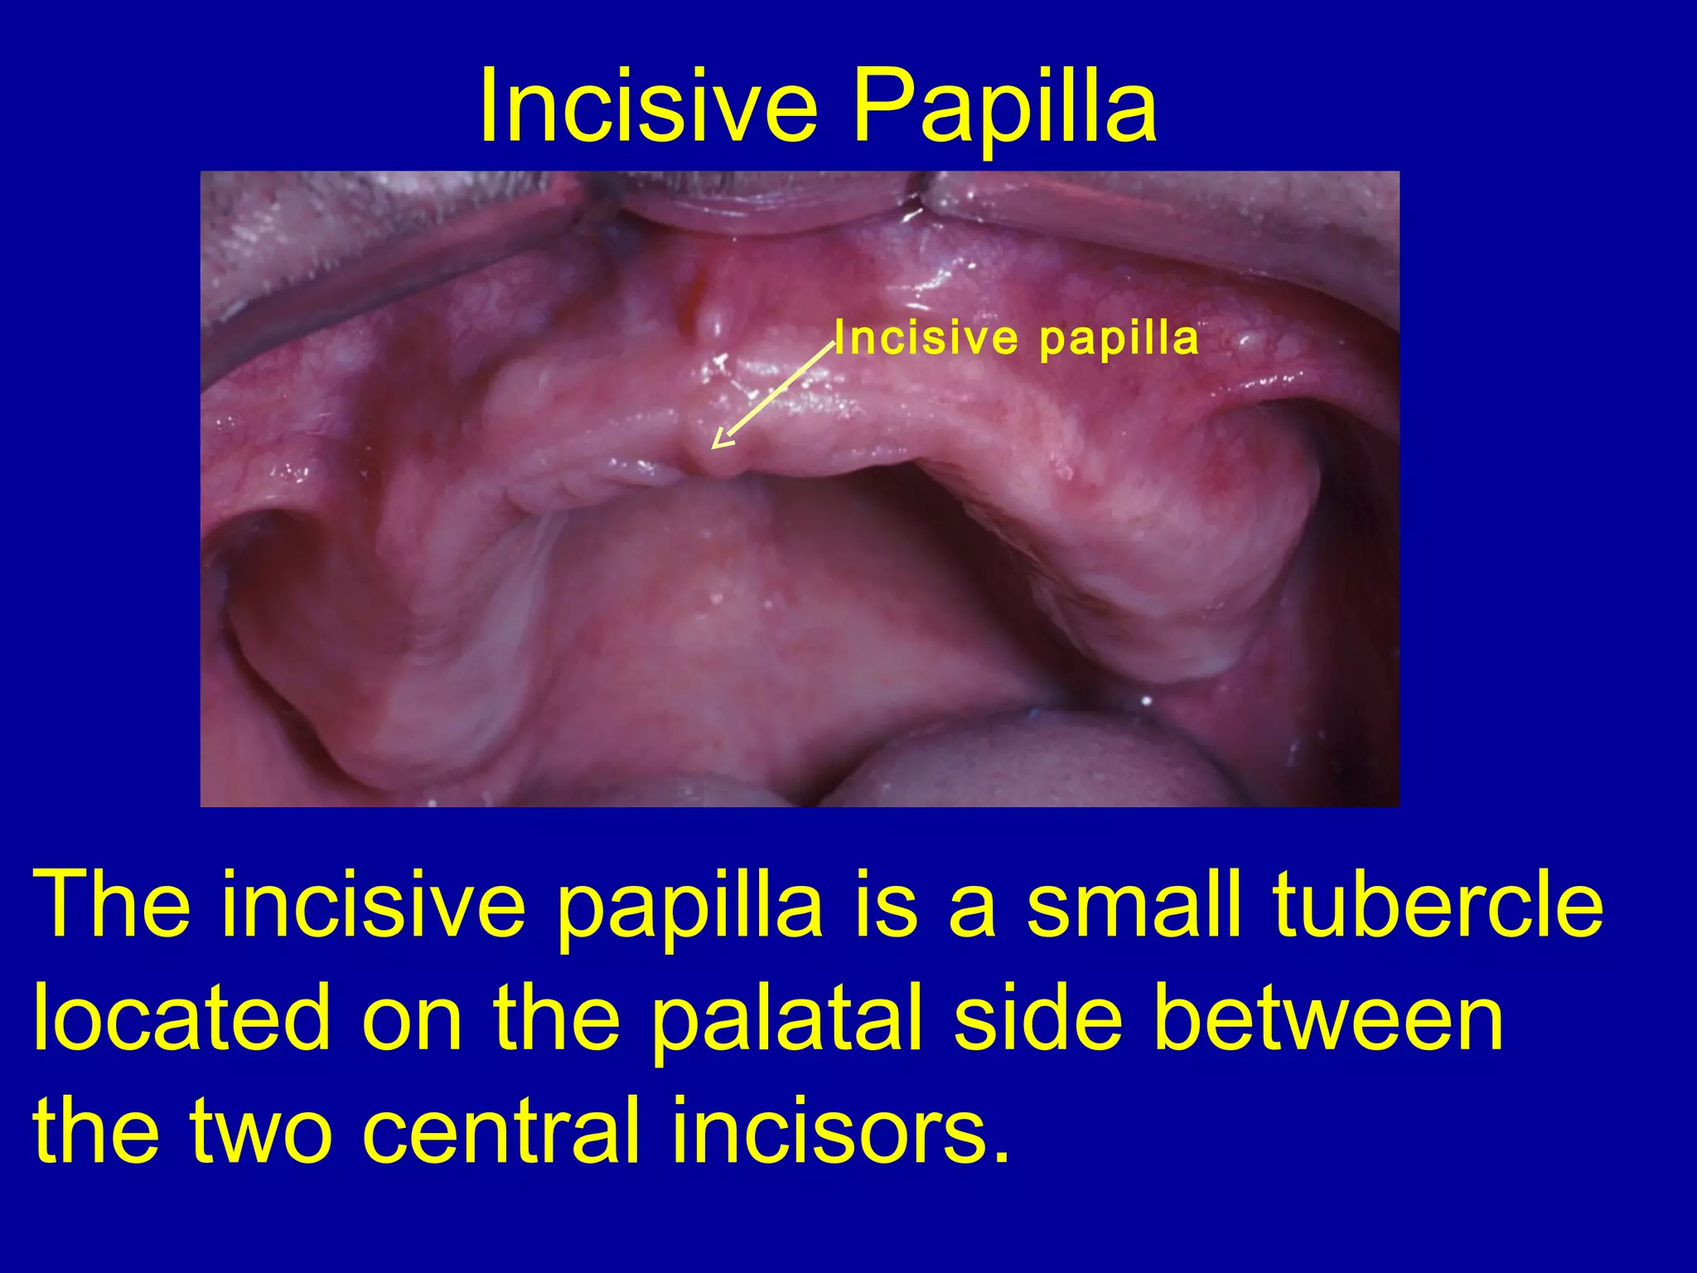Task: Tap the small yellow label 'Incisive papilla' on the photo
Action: [x=1017, y=338]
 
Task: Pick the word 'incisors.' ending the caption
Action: [x=841, y=1130]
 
